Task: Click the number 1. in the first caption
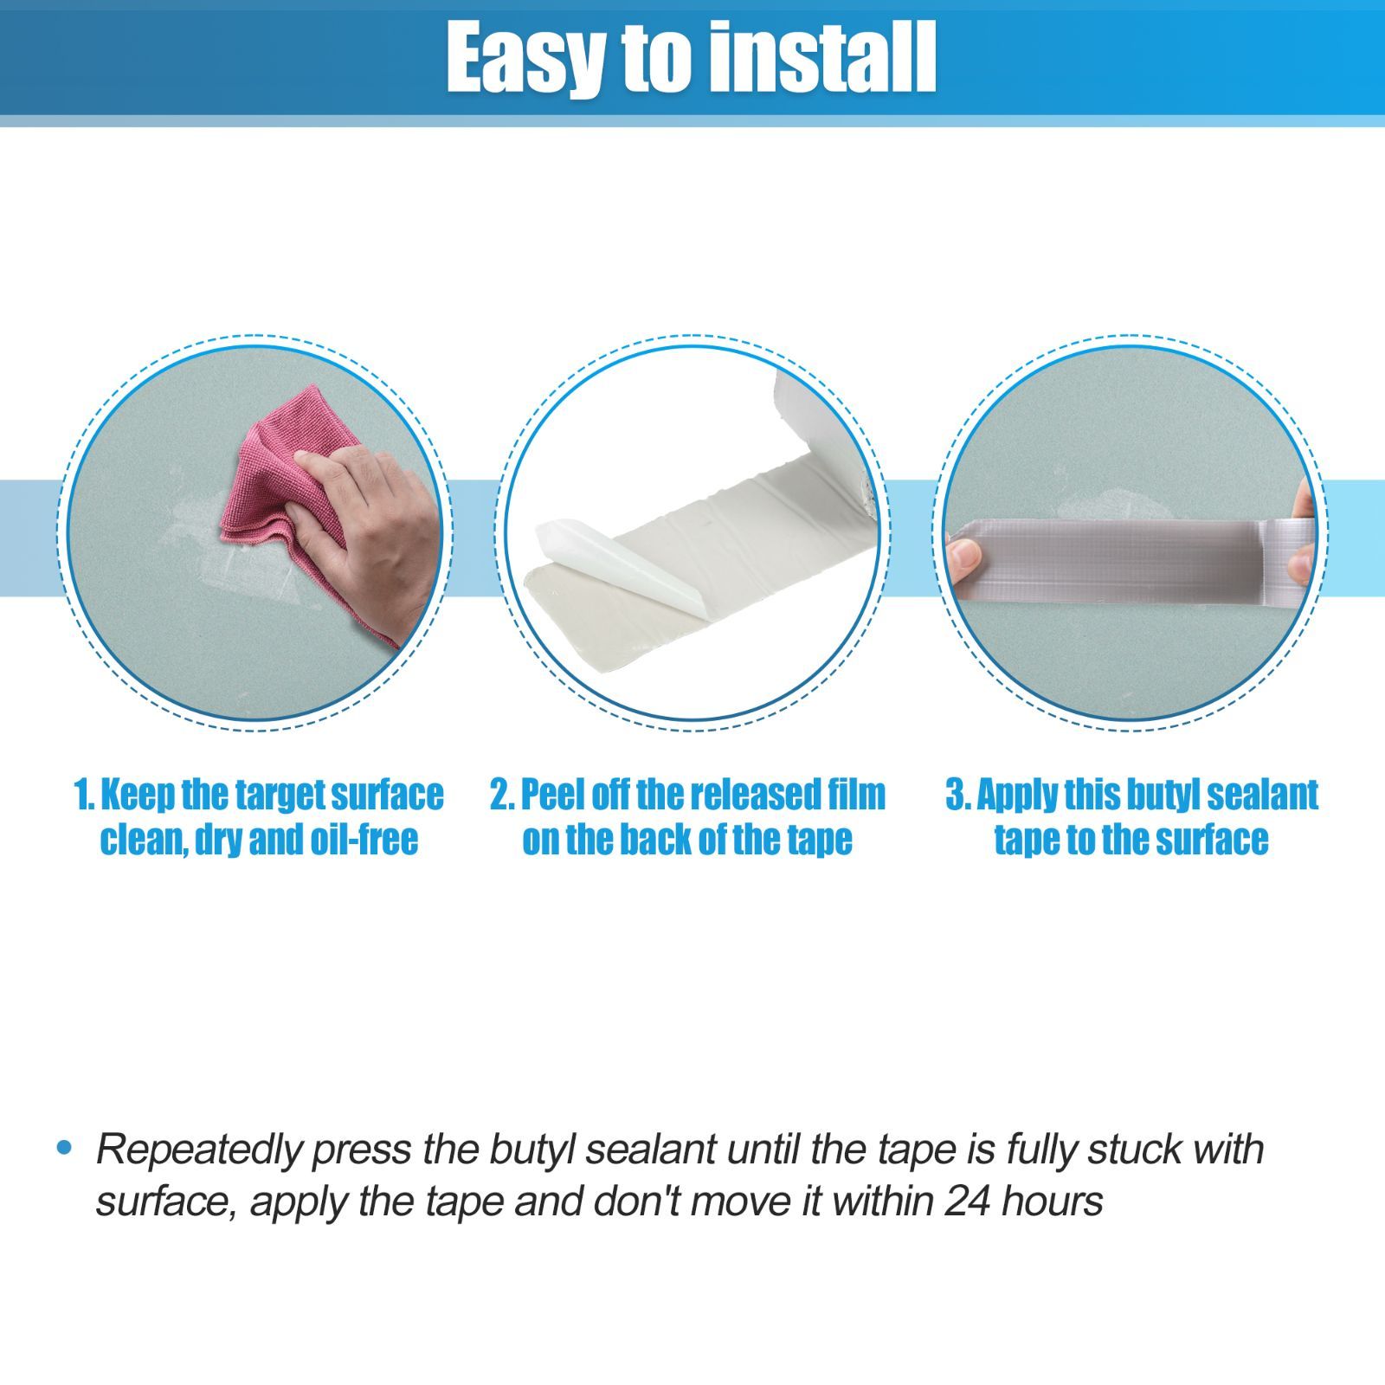coord(85,795)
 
